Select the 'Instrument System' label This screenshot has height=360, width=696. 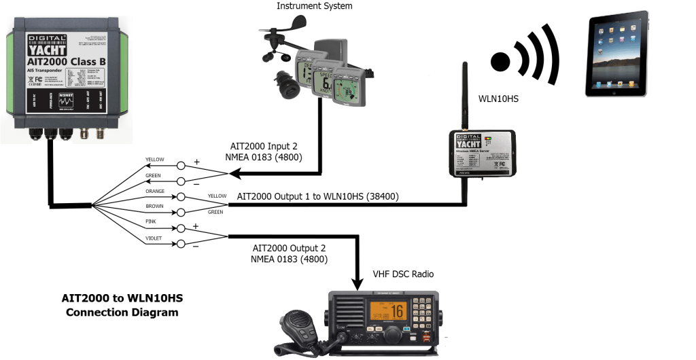(315, 6)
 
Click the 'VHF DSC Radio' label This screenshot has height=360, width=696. (403, 274)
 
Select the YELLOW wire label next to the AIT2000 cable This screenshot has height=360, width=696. (155, 160)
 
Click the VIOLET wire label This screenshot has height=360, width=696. (155, 238)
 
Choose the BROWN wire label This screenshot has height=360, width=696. (155, 206)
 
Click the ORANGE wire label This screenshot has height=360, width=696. (155, 191)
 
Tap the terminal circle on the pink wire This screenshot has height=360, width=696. (181, 228)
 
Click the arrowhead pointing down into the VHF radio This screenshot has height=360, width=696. (357, 282)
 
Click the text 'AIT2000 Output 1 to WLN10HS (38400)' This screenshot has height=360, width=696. (317, 196)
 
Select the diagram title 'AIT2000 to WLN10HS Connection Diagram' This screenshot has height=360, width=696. (122, 305)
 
